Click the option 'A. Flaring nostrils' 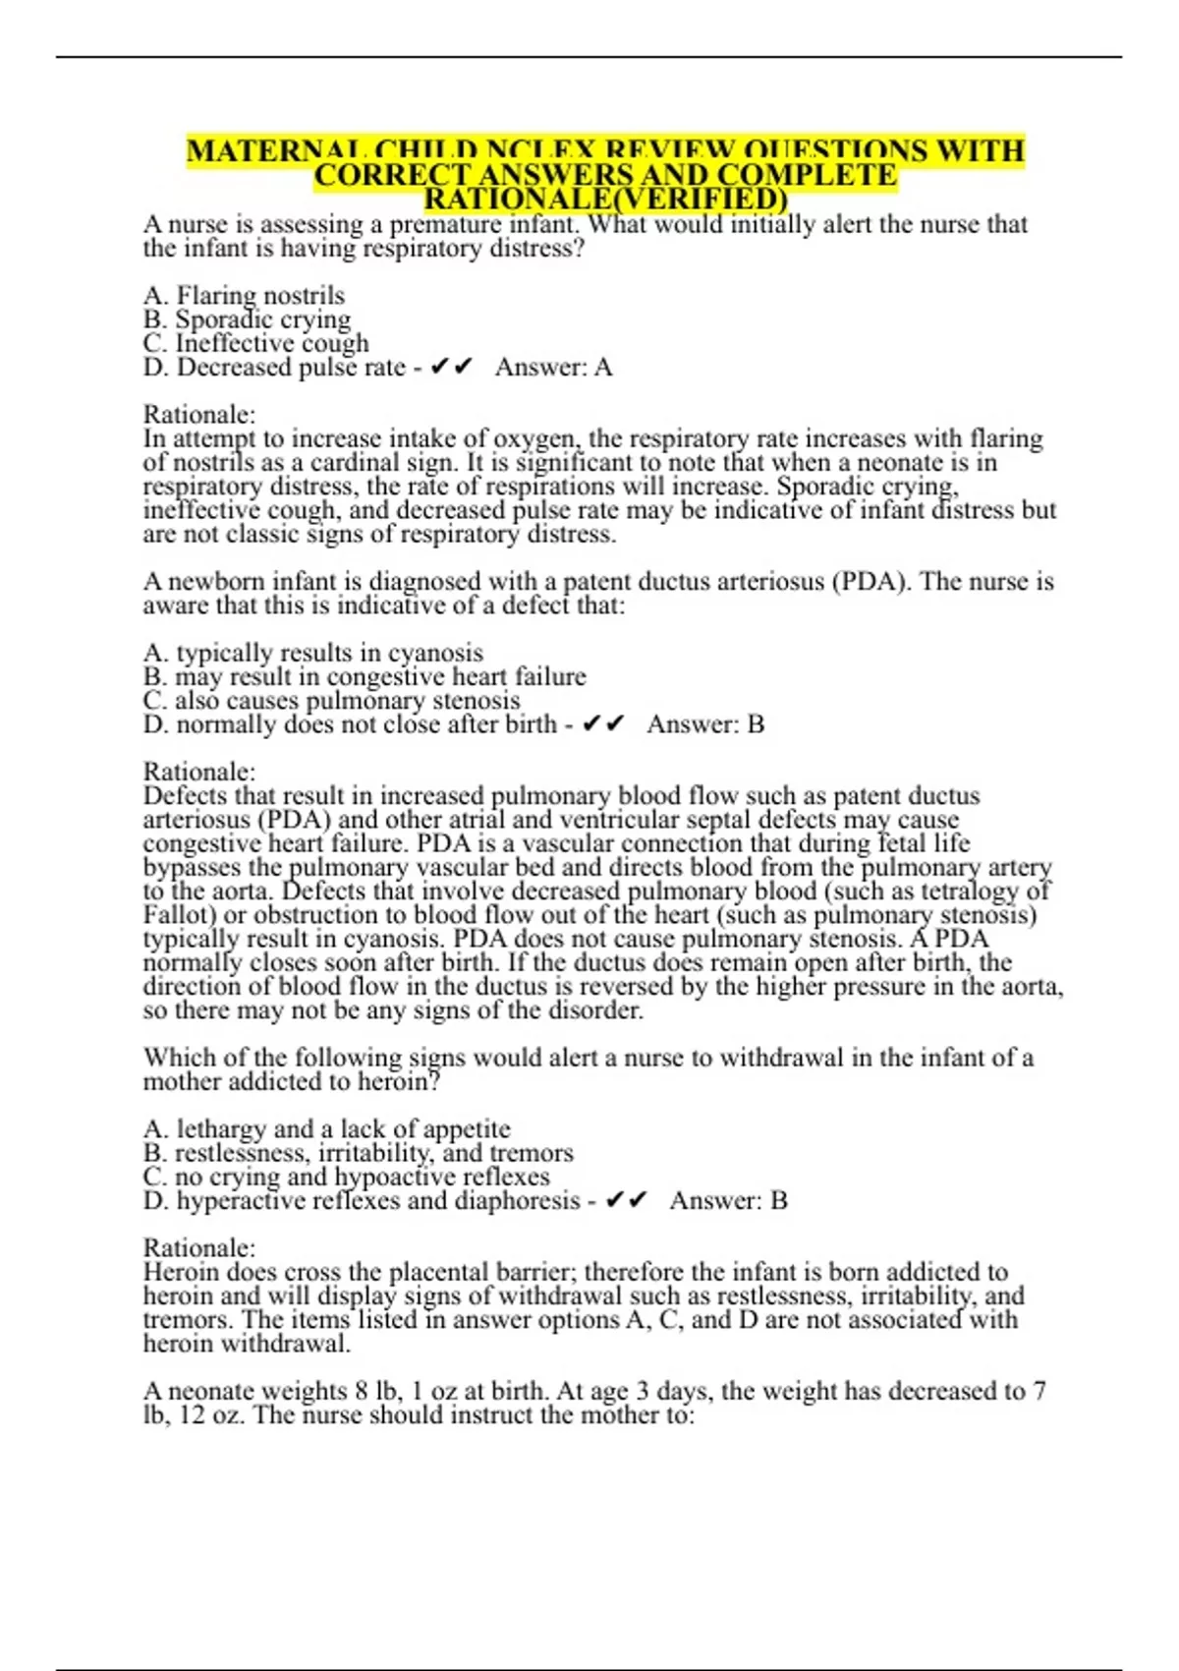pyautogui.click(x=244, y=295)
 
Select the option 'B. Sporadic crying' pyautogui.click(x=247, y=319)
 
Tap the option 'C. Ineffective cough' pyautogui.click(x=255, y=343)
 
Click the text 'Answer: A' pyautogui.click(x=553, y=368)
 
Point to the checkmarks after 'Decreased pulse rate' pyautogui.click(x=452, y=367)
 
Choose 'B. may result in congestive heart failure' pyautogui.click(x=365, y=677)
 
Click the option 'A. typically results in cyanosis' pyautogui.click(x=312, y=653)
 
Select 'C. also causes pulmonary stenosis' pyautogui.click(x=331, y=701)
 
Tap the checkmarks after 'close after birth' pyautogui.click(x=603, y=724)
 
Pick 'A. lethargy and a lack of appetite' pyautogui.click(x=326, y=1128)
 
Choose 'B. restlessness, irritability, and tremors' pyautogui.click(x=358, y=1153)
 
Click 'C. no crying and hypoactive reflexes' pyautogui.click(x=346, y=1177)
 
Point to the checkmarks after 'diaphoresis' pyautogui.click(x=627, y=1200)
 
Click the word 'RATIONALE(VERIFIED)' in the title pyautogui.click(x=605, y=200)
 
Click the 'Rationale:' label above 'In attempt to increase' pyautogui.click(x=198, y=415)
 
